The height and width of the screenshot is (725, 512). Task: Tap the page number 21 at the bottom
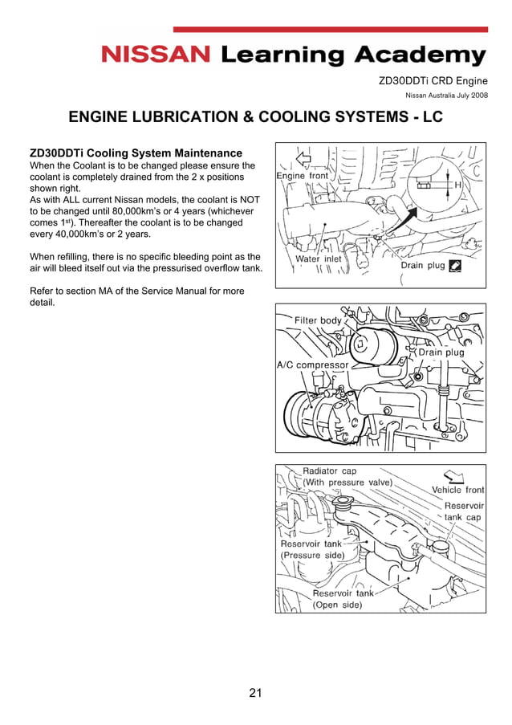pyautogui.click(x=256, y=692)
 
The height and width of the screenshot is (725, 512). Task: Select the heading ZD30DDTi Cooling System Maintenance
pyautogui.click(x=136, y=153)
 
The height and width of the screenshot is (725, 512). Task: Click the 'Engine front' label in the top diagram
pyautogui.click(x=303, y=175)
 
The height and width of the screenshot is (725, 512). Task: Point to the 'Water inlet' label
pyautogui.click(x=319, y=259)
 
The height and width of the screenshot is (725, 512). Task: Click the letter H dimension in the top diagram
pyautogui.click(x=457, y=185)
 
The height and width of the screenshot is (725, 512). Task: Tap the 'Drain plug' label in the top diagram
pyautogui.click(x=422, y=265)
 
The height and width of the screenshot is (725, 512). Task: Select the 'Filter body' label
pyautogui.click(x=318, y=320)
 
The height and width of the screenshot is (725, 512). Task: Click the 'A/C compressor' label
pyautogui.click(x=313, y=365)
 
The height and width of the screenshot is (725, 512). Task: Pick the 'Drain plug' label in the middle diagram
pyautogui.click(x=441, y=352)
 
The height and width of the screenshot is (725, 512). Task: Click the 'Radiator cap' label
pyautogui.click(x=329, y=471)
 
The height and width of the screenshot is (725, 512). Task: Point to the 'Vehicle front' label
pyautogui.click(x=458, y=490)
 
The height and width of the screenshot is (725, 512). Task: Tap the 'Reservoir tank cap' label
pyautogui.click(x=464, y=511)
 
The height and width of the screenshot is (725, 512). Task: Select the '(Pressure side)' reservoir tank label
pyautogui.click(x=312, y=555)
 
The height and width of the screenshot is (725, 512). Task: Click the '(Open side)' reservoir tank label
pyautogui.click(x=337, y=605)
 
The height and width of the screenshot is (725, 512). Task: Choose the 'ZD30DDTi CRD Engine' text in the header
pyautogui.click(x=433, y=80)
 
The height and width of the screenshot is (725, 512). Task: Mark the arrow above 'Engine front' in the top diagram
pyautogui.click(x=303, y=157)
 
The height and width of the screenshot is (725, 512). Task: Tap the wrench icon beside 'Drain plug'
pyautogui.click(x=455, y=265)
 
